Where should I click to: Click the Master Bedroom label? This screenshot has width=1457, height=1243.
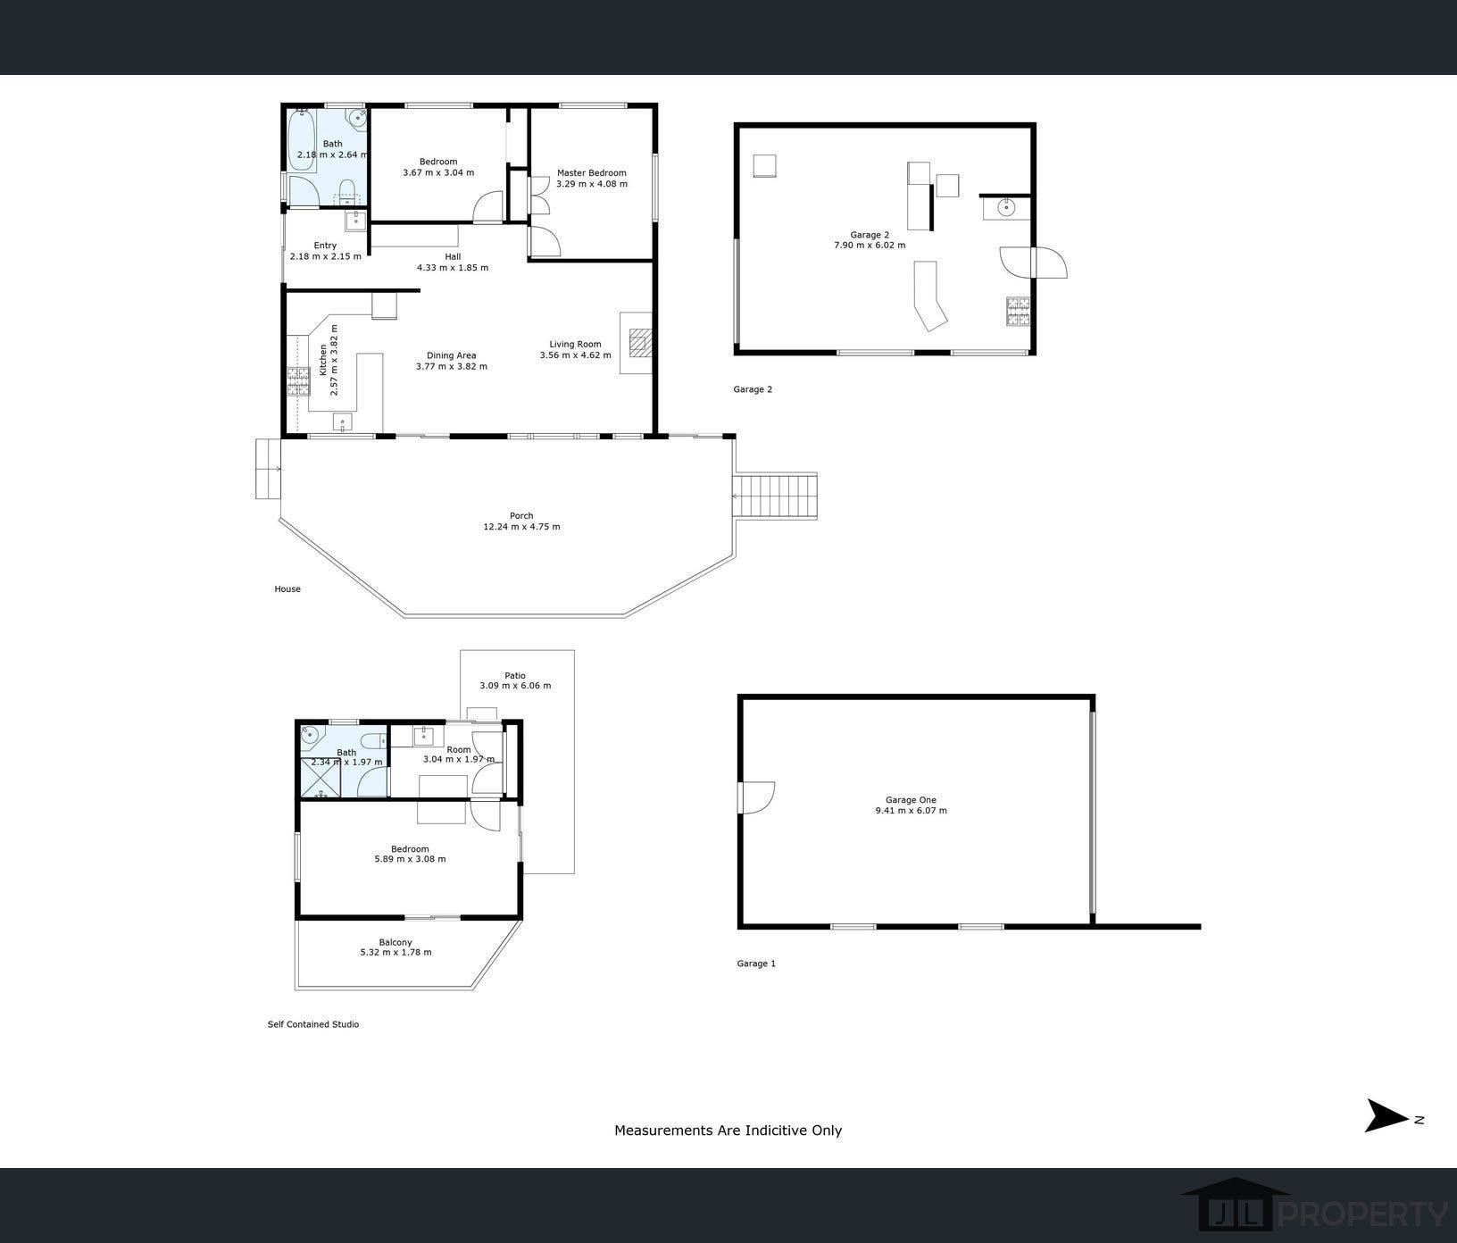point(592,173)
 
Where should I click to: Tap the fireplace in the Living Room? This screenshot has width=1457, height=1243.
point(638,343)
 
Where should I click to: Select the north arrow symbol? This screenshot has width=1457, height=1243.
point(1386,1115)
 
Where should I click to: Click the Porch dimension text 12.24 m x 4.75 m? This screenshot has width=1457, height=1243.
point(521,527)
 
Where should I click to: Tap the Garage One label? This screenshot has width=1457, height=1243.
point(911,800)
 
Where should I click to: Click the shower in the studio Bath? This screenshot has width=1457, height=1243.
point(321,776)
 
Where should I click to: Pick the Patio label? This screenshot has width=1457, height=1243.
point(515,675)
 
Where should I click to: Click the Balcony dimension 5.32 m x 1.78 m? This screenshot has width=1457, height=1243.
point(395,952)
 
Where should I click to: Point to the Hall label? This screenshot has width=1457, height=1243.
point(453,256)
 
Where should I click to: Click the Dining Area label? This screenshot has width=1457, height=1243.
point(451,355)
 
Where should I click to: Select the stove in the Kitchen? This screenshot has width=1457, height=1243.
point(296,381)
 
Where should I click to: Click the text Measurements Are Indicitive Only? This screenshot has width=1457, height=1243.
point(728,1130)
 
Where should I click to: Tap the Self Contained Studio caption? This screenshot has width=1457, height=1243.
point(313,1024)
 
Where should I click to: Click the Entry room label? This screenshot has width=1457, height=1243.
point(325,246)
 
